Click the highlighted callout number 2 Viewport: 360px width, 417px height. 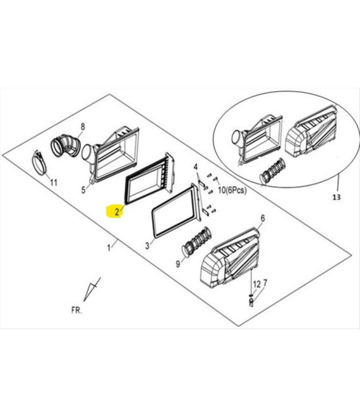click(x=117, y=212)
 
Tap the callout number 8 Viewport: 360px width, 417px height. click(x=83, y=127)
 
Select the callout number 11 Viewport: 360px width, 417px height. click(x=54, y=183)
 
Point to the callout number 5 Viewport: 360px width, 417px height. click(x=83, y=190)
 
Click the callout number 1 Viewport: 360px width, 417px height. click(x=109, y=248)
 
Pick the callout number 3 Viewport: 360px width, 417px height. click(x=147, y=246)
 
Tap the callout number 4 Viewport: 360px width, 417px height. click(x=196, y=167)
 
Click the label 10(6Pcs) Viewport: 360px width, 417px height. click(x=232, y=190)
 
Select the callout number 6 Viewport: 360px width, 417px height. click(x=263, y=219)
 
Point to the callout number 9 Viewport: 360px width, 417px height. click(x=178, y=264)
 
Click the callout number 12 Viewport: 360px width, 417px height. click(x=256, y=284)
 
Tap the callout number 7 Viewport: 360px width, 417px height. click(x=265, y=283)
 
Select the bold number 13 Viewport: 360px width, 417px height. click(x=337, y=197)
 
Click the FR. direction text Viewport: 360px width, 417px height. click(x=77, y=310)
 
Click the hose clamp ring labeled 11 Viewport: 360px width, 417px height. click(x=40, y=163)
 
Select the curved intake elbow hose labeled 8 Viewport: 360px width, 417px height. click(x=66, y=147)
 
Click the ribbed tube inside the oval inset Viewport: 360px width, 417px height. click(x=272, y=171)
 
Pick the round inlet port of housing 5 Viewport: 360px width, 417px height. click(x=87, y=153)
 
